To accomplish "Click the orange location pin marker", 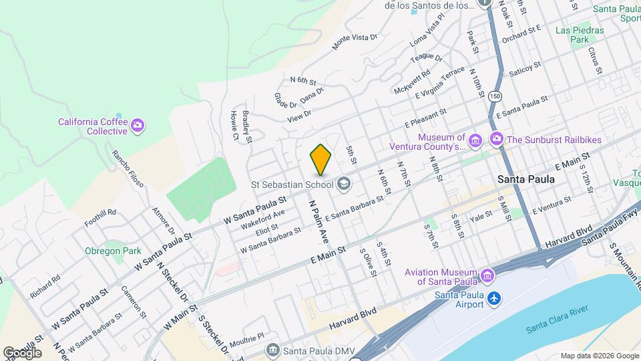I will click(321, 160).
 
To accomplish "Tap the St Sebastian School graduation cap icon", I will click(343, 184).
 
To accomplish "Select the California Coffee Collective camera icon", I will click(138, 124).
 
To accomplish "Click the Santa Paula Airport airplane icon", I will click(493, 298).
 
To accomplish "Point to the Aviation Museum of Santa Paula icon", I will click(487, 275).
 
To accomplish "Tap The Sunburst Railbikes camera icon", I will click(496, 140).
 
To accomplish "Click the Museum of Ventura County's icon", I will click(475, 140).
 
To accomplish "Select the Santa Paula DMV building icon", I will click(272, 350).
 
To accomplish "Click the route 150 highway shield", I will click(494, 97).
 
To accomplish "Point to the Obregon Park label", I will click(113, 251).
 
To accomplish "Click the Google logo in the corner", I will click(22, 352).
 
